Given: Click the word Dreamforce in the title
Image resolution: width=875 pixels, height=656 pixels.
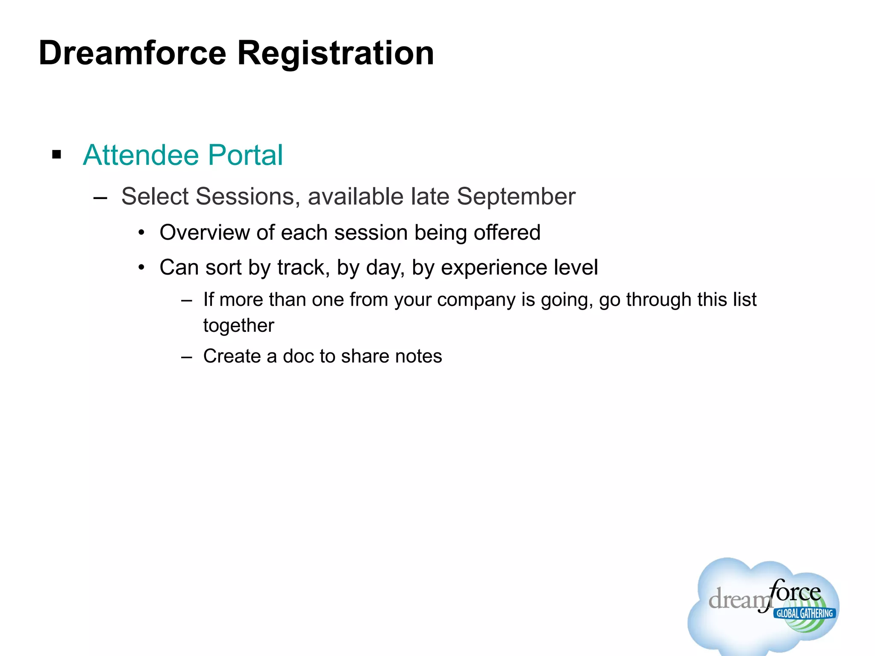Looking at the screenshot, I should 132,53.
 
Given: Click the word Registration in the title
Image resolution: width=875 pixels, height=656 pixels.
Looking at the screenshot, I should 335,53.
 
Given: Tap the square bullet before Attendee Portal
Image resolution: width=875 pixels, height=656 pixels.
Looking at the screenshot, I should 56,154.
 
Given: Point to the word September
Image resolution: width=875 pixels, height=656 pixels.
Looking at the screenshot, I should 516,196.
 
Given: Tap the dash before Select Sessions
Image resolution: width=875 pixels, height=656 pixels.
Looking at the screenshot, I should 100,198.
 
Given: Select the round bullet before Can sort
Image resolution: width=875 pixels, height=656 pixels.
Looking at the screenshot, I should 142,268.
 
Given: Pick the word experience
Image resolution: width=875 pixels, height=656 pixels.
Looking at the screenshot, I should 494,268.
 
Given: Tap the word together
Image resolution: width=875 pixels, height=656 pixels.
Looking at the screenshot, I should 238,326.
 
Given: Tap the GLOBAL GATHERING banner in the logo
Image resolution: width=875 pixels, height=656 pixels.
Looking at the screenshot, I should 804,613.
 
